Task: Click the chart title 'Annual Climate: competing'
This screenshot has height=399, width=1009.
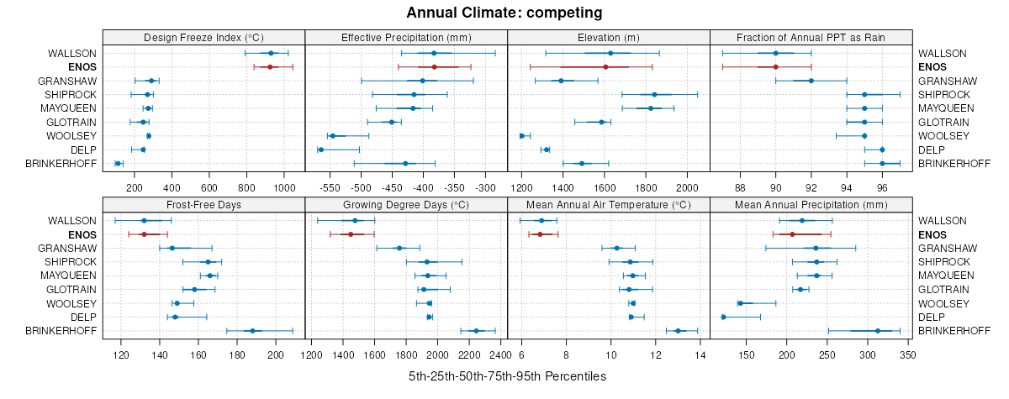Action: (504, 13)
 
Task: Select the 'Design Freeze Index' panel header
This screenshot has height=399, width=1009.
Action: (203, 37)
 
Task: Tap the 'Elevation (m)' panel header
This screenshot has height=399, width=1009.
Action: (609, 37)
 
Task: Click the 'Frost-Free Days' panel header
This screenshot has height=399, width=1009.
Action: (203, 204)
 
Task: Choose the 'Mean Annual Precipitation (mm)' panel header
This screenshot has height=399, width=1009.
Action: (811, 204)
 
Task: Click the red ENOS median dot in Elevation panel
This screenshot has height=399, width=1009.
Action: (605, 66)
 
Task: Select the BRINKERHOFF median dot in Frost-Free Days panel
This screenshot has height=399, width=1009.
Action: (252, 331)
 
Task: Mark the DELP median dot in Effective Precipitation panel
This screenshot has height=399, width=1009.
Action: (320, 150)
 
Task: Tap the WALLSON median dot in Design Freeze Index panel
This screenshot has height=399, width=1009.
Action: (271, 53)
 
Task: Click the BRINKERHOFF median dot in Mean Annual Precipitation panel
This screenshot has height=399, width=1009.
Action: (878, 331)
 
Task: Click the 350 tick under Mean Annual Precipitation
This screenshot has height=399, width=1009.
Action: (906, 354)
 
